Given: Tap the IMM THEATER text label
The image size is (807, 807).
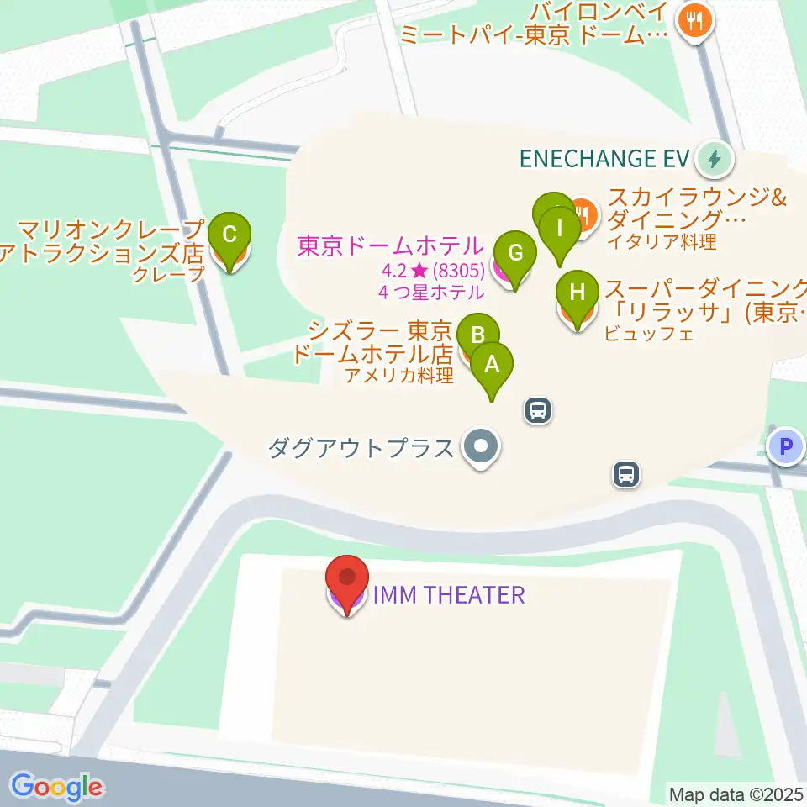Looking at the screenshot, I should (x=449, y=595).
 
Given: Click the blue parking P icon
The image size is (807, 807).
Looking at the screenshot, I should (x=787, y=446).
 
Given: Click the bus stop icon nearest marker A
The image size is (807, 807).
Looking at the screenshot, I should (x=538, y=410).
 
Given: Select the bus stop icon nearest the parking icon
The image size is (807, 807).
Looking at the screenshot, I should (x=626, y=474).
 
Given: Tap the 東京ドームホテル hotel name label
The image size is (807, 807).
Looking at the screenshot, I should (x=391, y=246).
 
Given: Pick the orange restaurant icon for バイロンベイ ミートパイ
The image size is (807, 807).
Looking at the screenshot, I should (x=694, y=21).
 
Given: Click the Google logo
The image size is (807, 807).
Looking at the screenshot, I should (x=57, y=786).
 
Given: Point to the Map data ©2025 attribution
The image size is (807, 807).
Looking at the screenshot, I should (x=736, y=793).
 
